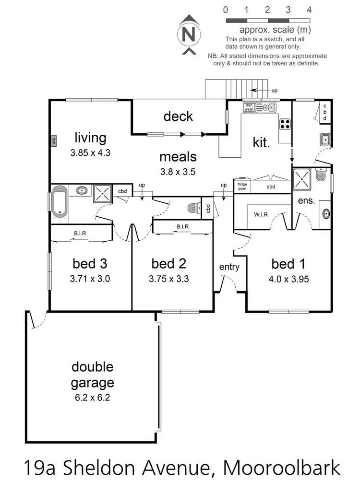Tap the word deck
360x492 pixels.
178,116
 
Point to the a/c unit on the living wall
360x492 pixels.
54,141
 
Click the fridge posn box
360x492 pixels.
242,186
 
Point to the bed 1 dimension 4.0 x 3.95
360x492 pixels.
288,279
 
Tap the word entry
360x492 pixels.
229,267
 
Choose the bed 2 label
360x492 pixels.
169,264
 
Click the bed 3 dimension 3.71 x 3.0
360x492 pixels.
91,278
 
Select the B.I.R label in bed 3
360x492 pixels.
80,234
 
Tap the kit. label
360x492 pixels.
262,142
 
